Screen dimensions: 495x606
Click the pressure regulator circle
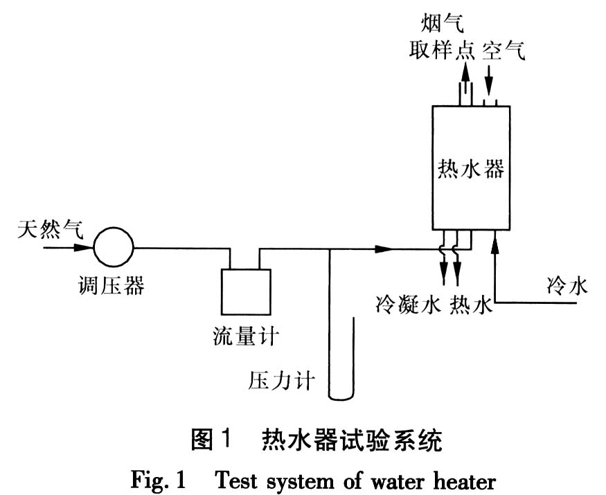click(113, 247)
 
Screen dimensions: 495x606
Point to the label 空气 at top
click(504, 50)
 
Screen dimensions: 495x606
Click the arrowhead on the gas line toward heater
click(382, 248)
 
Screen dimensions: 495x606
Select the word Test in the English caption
click(242, 479)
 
